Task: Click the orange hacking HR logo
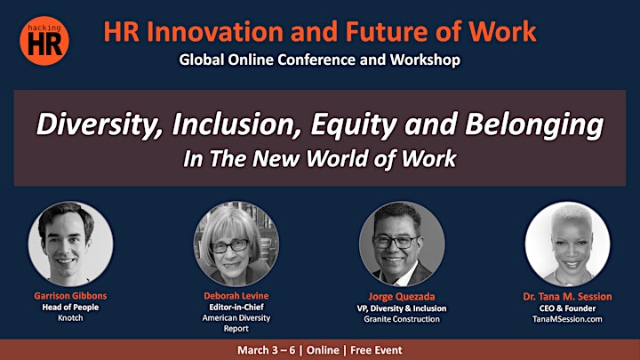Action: click(44, 40)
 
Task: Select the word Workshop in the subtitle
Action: click(425, 60)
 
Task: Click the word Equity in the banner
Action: click(354, 124)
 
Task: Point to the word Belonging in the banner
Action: click(534, 124)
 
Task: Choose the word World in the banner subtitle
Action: click(337, 158)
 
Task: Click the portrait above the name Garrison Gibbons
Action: click(70, 244)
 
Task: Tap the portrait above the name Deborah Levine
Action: click(236, 244)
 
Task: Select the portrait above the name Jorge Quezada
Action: click(402, 244)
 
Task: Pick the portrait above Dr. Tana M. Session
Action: click(567, 244)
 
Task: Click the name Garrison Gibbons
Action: click(70, 295)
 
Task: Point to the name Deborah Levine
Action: click(236, 295)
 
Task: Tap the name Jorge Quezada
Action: click(402, 297)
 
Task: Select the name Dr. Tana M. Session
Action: click(567, 297)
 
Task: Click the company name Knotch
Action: click(70, 318)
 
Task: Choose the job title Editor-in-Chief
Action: click(236, 307)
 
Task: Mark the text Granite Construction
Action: click(402, 319)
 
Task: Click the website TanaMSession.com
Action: click(567, 319)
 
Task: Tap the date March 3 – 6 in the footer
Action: click(266, 350)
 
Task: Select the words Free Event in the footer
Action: click(376, 350)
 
